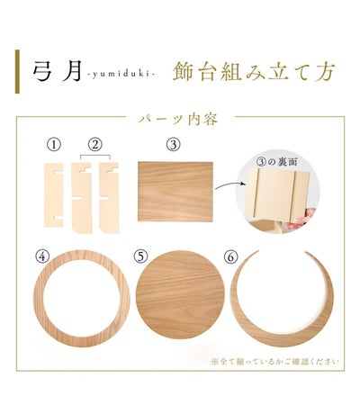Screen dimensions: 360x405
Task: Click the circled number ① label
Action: [x=54, y=145]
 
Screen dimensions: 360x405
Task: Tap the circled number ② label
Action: [x=95, y=145]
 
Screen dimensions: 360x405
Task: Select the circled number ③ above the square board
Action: [x=174, y=145]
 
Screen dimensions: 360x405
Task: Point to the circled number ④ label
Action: [x=42, y=256]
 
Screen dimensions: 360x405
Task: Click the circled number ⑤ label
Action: [x=141, y=256]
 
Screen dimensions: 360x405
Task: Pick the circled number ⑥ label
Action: [x=230, y=257]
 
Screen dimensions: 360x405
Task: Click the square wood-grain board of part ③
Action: [x=175, y=192]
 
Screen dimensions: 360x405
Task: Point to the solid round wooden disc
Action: [x=180, y=295]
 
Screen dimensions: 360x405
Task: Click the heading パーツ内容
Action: [x=178, y=120]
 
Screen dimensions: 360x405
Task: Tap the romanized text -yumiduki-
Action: [x=121, y=75]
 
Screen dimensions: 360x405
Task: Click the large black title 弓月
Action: [x=57, y=71]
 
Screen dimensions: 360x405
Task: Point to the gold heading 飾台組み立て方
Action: [x=254, y=71]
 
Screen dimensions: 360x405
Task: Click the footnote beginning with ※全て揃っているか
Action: [x=275, y=361]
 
